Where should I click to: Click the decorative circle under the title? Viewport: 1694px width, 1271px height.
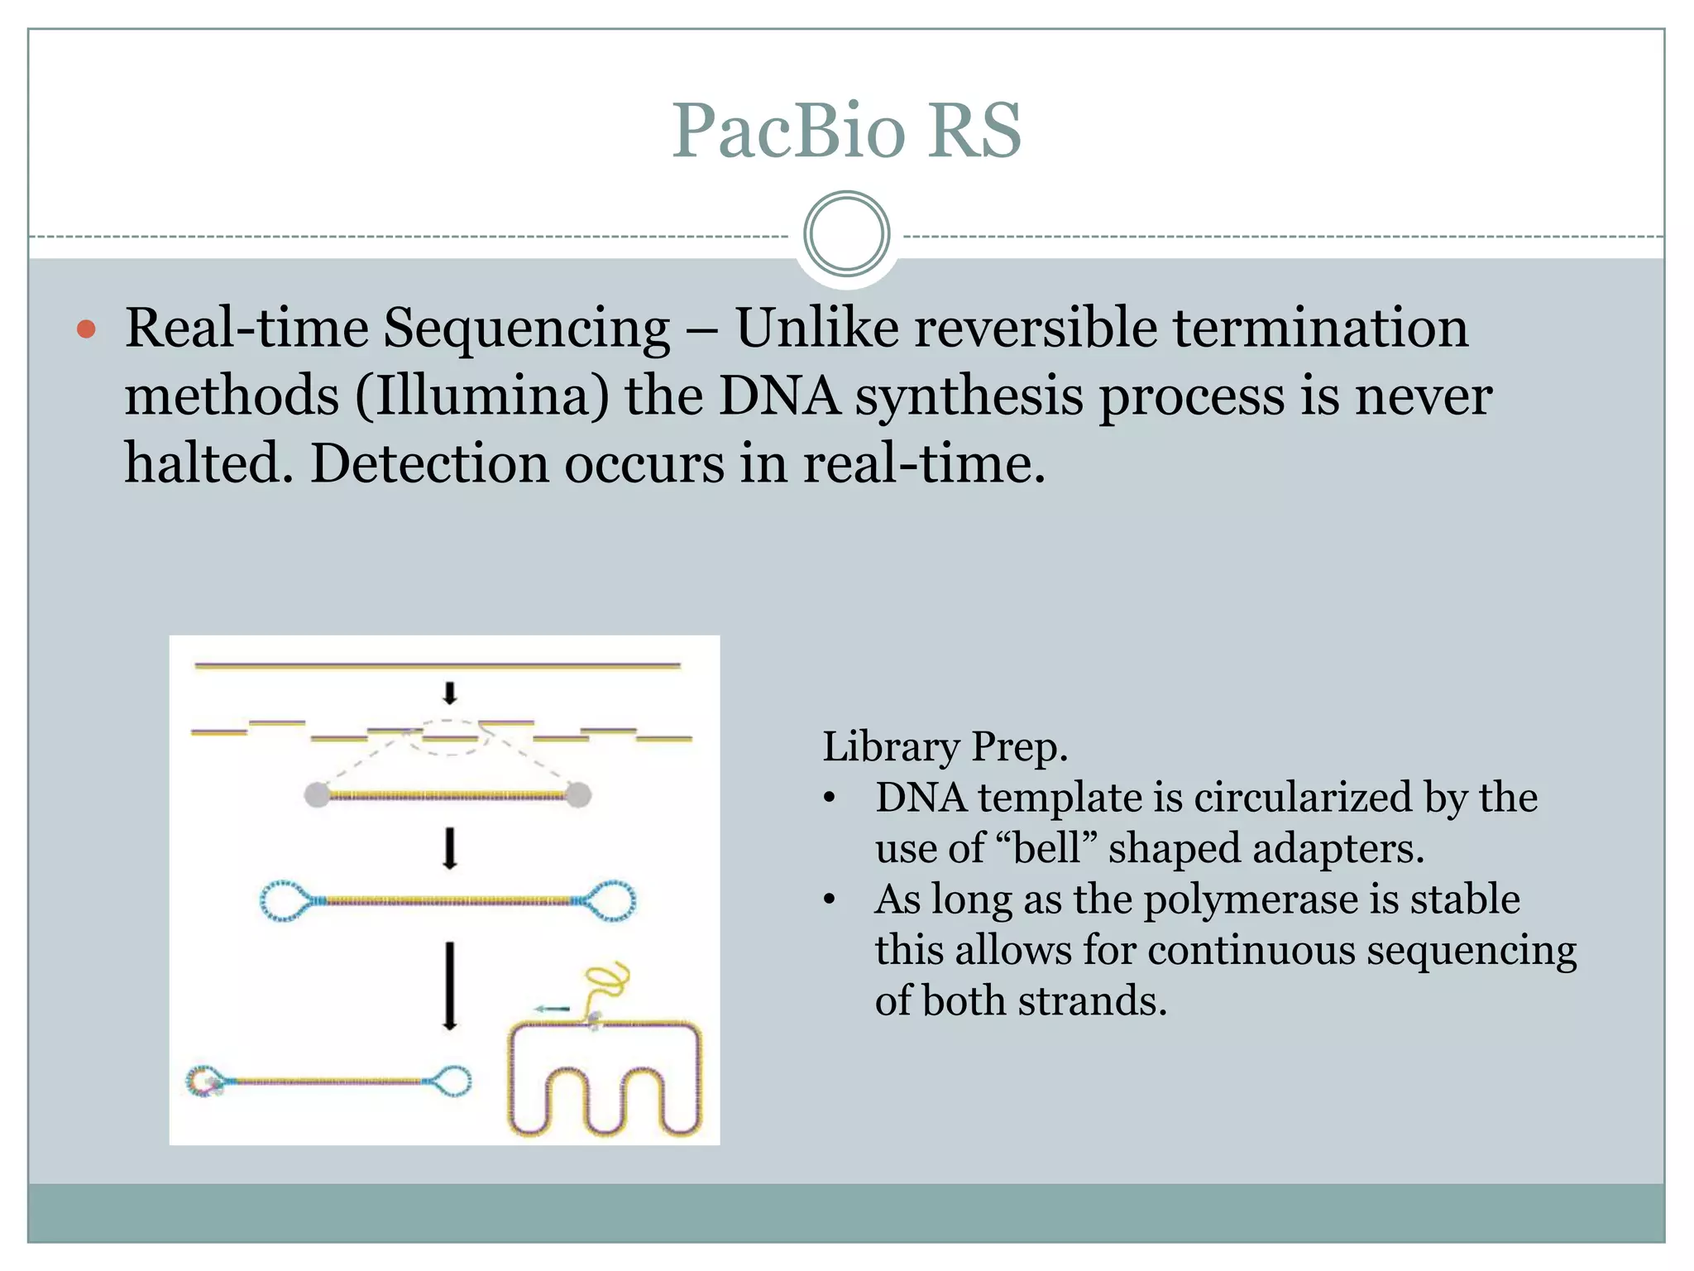[x=846, y=233]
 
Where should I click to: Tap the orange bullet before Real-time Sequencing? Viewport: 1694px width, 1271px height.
[x=86, y=330]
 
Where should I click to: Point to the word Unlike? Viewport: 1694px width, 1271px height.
[x=817, y=328]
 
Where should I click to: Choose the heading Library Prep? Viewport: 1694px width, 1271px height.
[x=945, y=746]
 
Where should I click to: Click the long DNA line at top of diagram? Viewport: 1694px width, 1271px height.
[x=437, y=664]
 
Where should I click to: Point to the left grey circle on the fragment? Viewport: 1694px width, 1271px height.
[x=317, y=795]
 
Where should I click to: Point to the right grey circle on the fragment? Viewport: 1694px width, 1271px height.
[x=578, y=795]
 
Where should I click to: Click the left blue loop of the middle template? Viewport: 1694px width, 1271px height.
[x=284, y=901]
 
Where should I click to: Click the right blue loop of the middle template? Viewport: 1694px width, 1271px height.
[x=613, y=900]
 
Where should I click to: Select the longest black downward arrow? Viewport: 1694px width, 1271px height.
[x=449, y=985]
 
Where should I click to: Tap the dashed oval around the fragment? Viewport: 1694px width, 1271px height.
[x=451, y=737]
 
